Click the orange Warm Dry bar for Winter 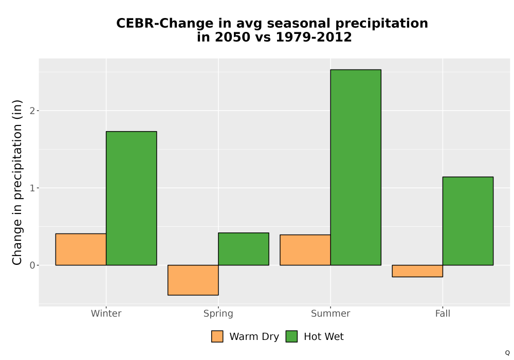[x=81, y=249]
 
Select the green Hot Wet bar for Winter [x=132, y=198]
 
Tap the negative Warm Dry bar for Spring [x=193, y=280]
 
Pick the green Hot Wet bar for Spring [x=244, y=249]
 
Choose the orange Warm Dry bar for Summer [x=305, y=250]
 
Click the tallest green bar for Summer [x=356, y=167]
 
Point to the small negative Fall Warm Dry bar [x=417, y=271]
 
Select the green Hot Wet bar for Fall [x=468, y=221]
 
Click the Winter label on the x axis [x=106, y=313]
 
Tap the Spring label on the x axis [x=218, y=314]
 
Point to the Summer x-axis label [x=331, y=313]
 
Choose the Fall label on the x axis [x=443, y=313]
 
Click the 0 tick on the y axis [x=32, y=265]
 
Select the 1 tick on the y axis [x=32, y=188]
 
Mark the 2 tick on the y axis [x=32, y=111]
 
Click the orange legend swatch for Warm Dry [x=217, y=336]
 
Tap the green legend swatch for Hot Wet [x=291, y=336]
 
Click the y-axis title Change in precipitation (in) [x=17, y=182]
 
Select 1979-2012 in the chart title [x=314, y=37]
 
